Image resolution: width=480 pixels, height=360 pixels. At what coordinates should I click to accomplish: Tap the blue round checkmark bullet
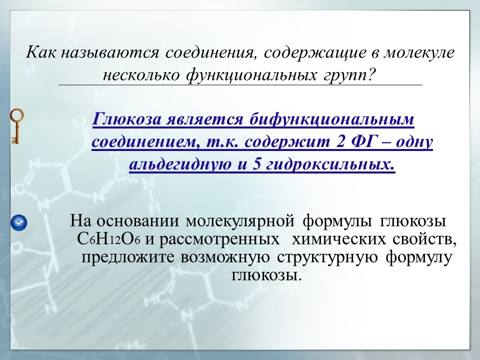18,221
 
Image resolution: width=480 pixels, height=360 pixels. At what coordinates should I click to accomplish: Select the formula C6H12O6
109,239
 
